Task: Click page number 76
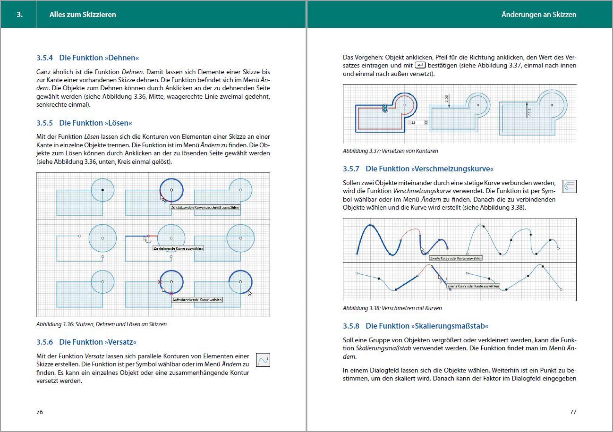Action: tap(40, 412)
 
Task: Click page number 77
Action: tap(573, 412)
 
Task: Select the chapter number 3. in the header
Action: tap(19, 15)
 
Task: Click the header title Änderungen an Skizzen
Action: tap(538, 15)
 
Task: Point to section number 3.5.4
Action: tap(46, 58)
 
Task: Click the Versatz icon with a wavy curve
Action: tap(263, 360)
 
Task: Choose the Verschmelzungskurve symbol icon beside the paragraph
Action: tap(570, 187)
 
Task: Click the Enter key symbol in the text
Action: tap(420, 65)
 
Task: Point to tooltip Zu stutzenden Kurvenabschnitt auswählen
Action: tap(204, 207)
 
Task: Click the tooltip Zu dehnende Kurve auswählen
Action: tap(178, 248)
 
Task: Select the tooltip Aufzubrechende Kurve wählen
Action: tap(196, 300)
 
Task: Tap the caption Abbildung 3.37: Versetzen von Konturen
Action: tap(390, 151)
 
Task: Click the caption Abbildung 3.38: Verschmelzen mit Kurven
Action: tap(392, 308)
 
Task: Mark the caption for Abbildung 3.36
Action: tap(101, 324)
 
